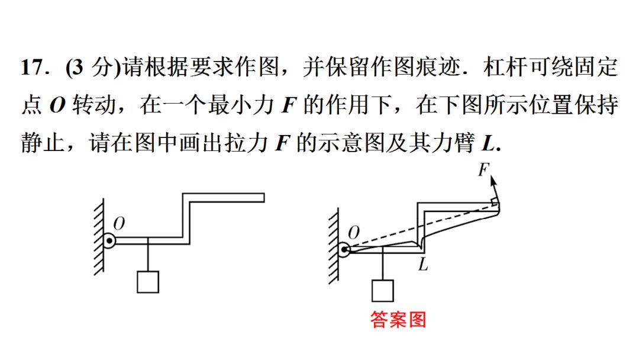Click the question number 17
[33, 67]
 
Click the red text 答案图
[398, 320]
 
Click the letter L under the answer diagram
[422, 265]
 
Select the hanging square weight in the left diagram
[147, 282]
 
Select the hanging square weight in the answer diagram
[383, 290]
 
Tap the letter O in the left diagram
[118, 223]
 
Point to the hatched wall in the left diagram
[99, 237]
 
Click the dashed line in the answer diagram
[420, 227]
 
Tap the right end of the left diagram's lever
[261, 197]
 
